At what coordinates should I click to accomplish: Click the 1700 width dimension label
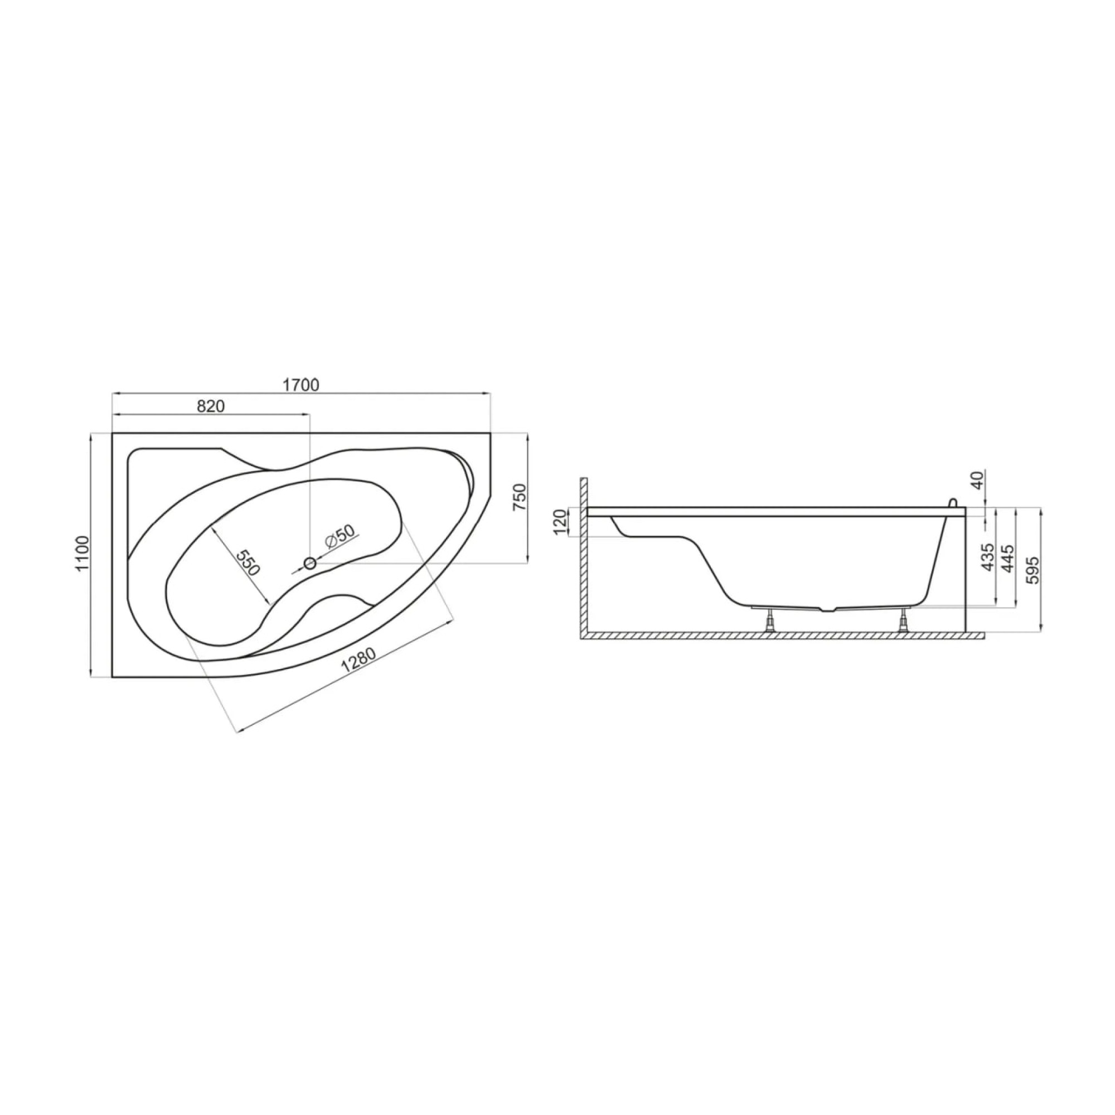[300, 384]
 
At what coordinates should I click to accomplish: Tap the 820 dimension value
[211, 406]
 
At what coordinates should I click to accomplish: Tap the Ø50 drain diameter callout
[340, 538]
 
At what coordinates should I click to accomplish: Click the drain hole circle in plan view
[310, 563]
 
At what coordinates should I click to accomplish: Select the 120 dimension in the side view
[560, 522]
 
